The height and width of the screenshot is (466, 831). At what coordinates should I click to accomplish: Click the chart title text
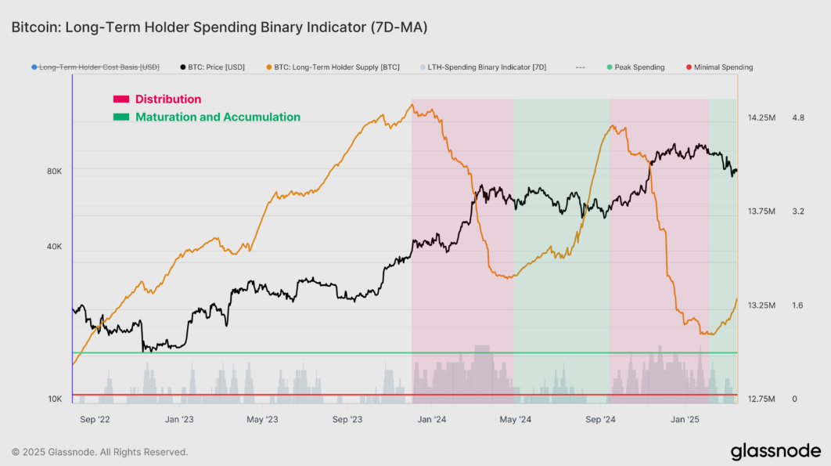pyautogui.click(x=219, y=27)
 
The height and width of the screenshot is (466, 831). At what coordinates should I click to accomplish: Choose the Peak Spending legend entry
pyautogui.click(x=639, y=67)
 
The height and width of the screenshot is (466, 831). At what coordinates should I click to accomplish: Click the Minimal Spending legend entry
pyautogui.click(x=723, y=67)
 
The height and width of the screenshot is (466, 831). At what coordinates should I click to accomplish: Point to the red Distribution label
pyautogui.click(x=167, y=99)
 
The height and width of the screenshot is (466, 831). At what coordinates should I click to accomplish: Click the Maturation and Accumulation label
pyautogui.click(x=218, y=117)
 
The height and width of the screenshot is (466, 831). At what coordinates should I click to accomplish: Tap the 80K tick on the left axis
pyautogui.click(x=55, y=171)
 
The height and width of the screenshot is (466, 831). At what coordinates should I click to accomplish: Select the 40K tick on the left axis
pyautogui.click(x=55, y=247)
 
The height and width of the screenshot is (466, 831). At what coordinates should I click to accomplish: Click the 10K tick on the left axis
pyautogui.click(x=55, y=399)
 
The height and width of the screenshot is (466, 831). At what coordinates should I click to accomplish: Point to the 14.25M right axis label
pyautogui.click(x=761, y=117)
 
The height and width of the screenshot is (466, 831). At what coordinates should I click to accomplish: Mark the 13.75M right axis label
pyautogui.click(x=761, y=211)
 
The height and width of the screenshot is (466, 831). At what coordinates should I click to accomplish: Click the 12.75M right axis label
pyautogui.click(x=761, y=399)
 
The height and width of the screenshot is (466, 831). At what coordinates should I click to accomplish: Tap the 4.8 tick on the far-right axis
pyautogui.click(x=798, y=117)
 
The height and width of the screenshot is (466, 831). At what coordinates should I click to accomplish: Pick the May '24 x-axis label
pyautogui.click(x=515, y=419)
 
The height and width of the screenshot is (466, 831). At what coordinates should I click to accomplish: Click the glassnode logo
pyautogui.click(x=775, y=451)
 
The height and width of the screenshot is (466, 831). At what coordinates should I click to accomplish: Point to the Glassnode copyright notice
pyautogui.click(x=99, y=452)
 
